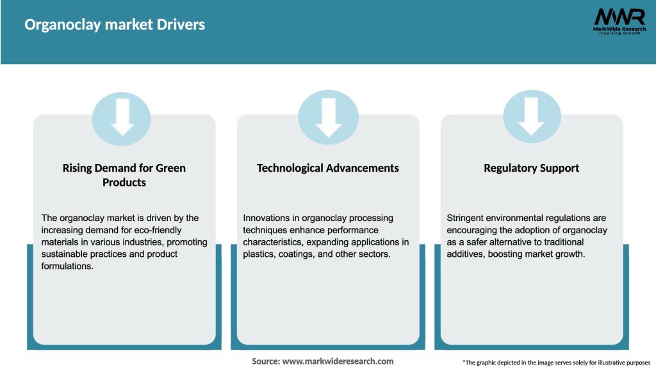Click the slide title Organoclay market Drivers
coord(115,25)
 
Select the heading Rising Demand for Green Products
coord(124,175)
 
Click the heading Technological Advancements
coord(328,168)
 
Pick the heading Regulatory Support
coord(531,168)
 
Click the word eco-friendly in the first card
coord(152,230)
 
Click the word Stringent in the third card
coord(467,218)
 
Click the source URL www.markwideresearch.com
coord(338,361)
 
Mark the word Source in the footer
coord(265,361)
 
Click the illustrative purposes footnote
coord(556,363)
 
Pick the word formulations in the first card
coord(67,266)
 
